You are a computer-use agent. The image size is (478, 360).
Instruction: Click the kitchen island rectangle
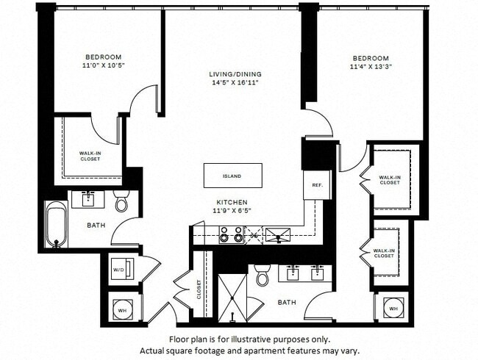[232, 176]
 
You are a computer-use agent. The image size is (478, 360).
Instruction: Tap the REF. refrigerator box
[318, 185]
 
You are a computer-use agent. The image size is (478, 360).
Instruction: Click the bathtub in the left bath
[57, 224]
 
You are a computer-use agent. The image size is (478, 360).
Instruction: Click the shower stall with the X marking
[232, 298]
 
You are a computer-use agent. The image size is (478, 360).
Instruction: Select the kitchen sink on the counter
[278, 234]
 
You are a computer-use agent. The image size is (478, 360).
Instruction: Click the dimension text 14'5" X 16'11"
[235, 83]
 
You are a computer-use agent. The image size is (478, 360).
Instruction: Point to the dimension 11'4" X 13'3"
[369, 68]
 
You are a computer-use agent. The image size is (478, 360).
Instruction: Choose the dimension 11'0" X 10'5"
[103, 66]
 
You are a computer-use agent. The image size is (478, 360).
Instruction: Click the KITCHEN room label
[232, 202]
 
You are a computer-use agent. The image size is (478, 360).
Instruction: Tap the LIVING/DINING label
[235, 74]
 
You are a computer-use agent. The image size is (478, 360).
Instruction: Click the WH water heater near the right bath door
[393, 309]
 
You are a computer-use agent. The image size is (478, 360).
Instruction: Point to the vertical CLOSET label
[199, 289]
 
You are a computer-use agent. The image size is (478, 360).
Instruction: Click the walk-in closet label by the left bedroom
[90, 156]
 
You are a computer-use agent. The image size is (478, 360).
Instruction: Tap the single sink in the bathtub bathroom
[89, 198]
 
